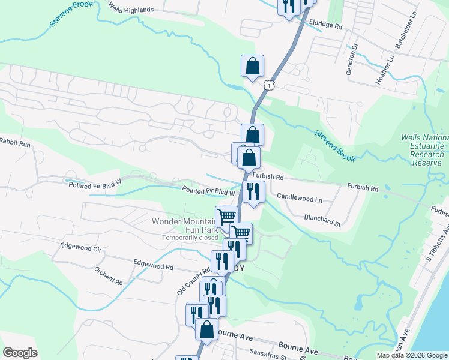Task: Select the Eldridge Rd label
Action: click(x=325, y=26)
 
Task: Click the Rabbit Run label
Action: click(x=15, y=144)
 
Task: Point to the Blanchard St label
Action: click(x=322, y=220)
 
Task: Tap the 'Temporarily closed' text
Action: click(x=190, y=238)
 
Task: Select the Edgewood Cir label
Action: click(x=81, y=246)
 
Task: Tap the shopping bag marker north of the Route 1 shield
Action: click(x=252, y=65)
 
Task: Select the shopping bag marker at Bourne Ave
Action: click(x=207, y=329)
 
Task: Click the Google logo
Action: click(x=20, y=352)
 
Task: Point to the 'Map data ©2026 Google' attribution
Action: click(x=412, y=356)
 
